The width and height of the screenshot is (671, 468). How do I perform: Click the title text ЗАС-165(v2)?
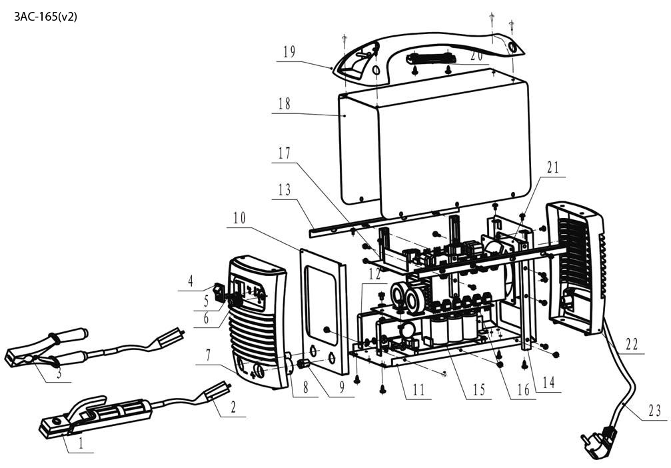click(45, 17)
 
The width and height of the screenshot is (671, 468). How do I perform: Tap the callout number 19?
click(289, 52)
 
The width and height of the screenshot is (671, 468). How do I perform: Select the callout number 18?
click(285, 104)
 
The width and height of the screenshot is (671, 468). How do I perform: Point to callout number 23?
click(652, 411)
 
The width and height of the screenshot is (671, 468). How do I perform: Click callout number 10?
click(239, 218)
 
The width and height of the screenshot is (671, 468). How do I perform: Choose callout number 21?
click(552, 167)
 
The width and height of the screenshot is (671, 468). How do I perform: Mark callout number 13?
click(284, 189)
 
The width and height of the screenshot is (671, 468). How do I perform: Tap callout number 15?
click(478, 390)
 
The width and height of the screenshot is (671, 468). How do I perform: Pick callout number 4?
click(191, 281)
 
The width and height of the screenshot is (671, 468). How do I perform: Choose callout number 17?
click(285, 153)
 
